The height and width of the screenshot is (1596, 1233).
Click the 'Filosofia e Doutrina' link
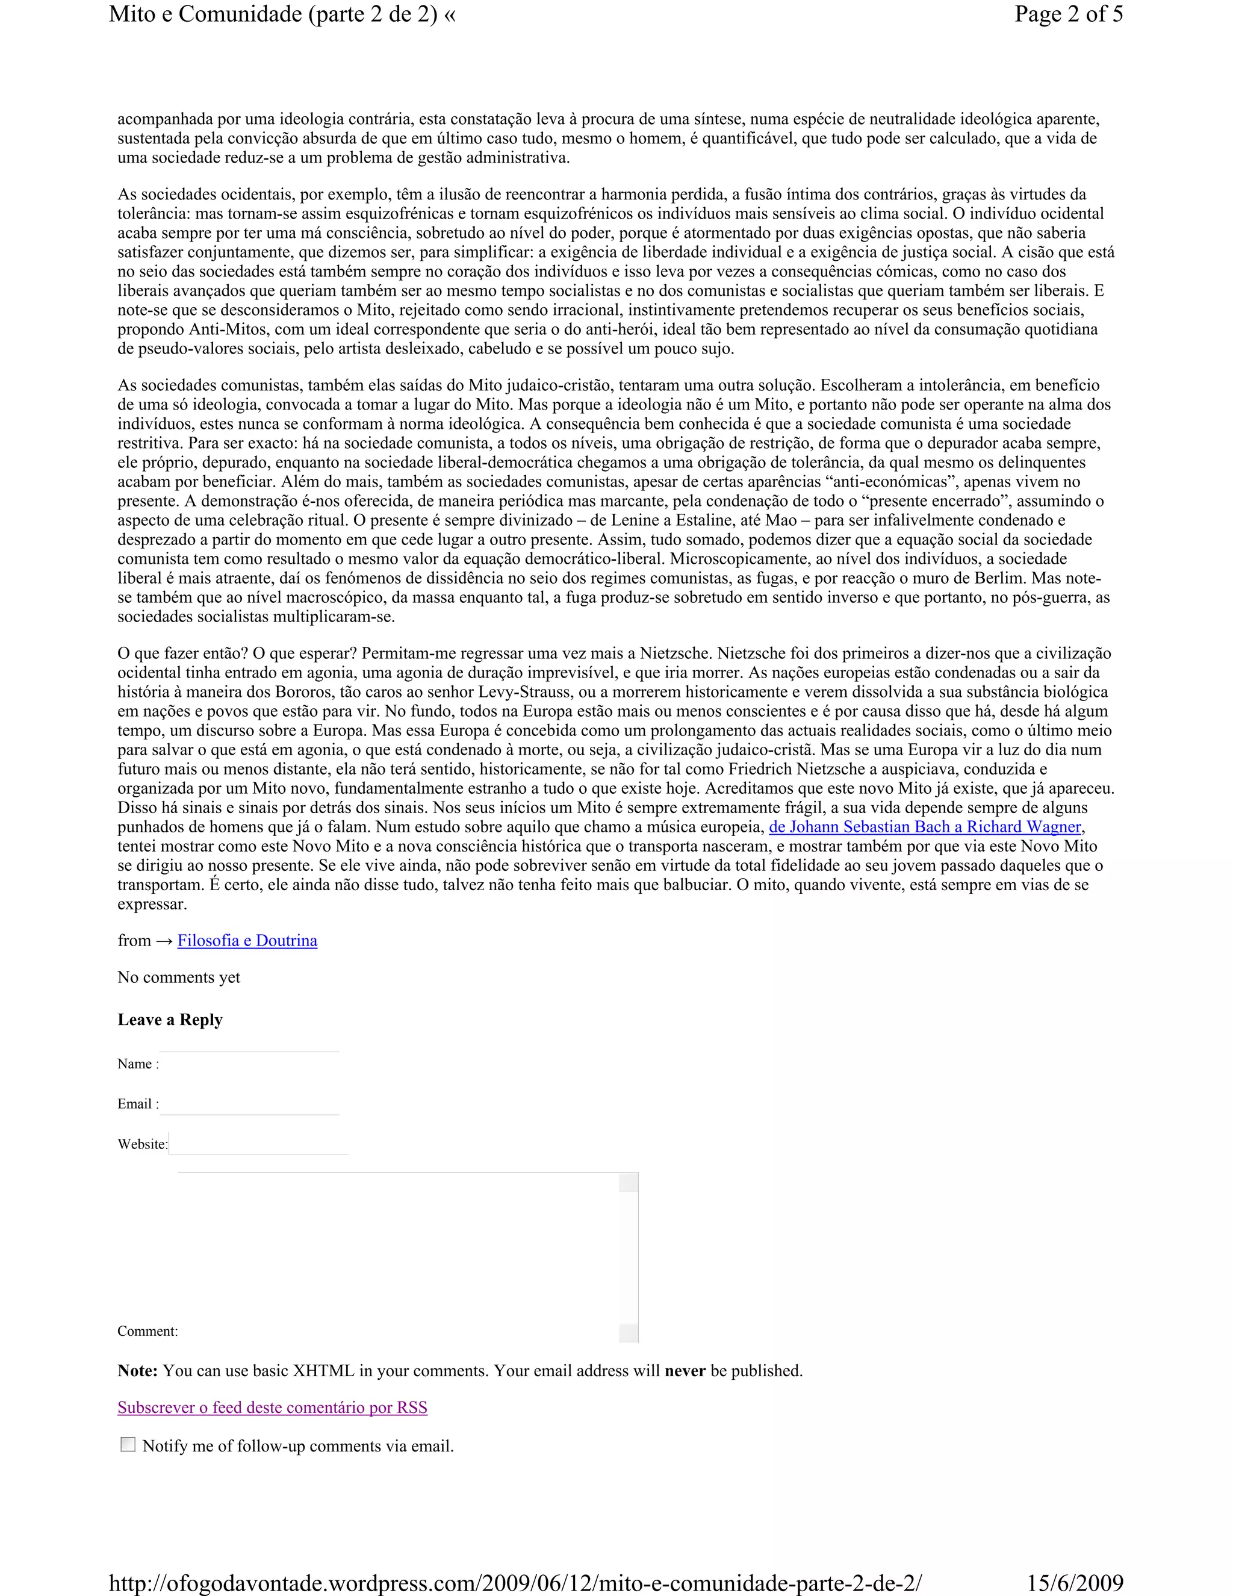tap(247, 941)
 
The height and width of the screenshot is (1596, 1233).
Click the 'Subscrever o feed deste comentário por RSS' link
tap(272, 1407)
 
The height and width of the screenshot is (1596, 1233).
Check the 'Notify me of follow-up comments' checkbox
tap(128, 1445)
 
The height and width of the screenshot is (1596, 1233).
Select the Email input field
tap(249, 1103)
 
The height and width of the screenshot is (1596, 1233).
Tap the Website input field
tap(258, 1144)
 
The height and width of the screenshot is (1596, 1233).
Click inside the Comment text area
tap(398, 1257)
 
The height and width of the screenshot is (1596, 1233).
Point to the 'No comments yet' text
tap(178, 977)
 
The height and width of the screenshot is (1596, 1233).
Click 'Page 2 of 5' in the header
tap(1068, 14)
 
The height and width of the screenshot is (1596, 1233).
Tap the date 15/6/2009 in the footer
tap(1075, 1583)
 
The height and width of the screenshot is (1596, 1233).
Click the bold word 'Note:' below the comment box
tap(137, 1371)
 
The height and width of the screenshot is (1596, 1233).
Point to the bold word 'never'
tap(685, 1371)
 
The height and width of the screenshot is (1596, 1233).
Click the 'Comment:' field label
tap(148, 1331)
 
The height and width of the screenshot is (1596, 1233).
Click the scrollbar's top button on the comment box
tap(628, 1182)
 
